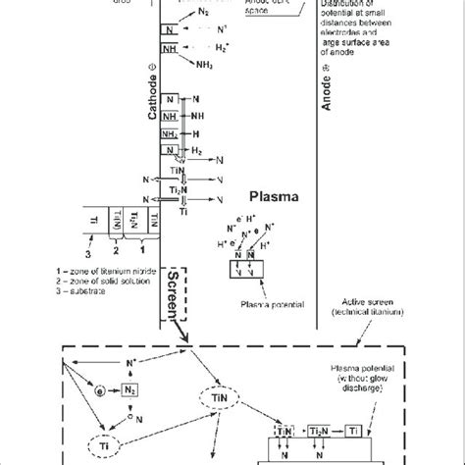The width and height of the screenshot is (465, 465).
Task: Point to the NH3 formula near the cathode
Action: (203, 66)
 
